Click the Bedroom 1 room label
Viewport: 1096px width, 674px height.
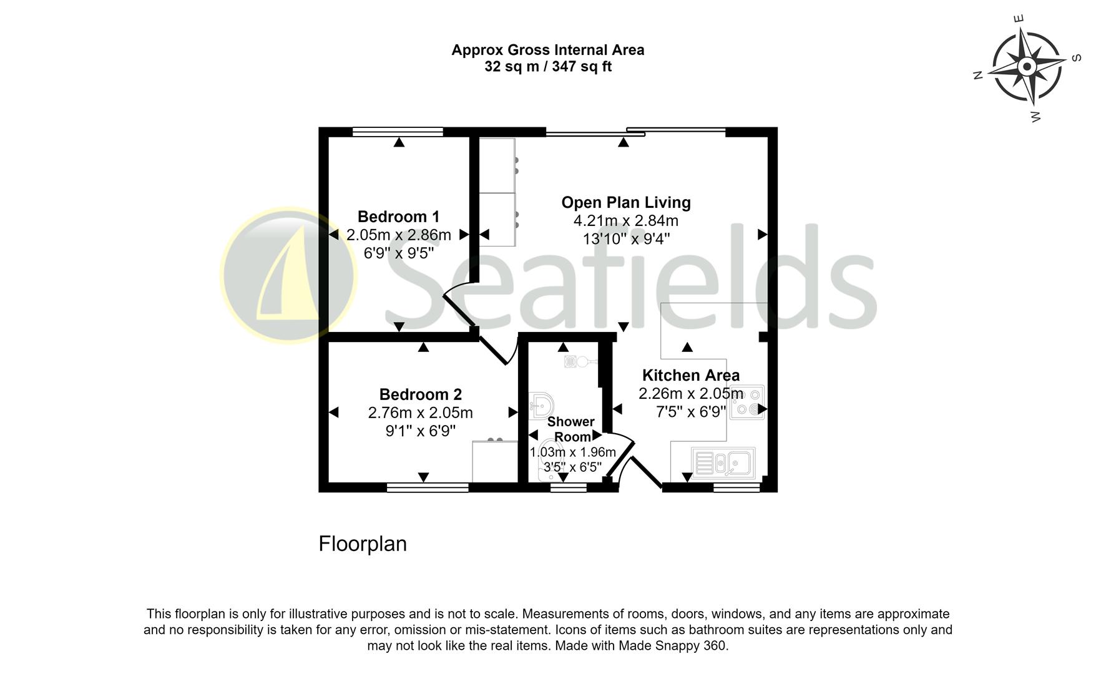pos(398,217)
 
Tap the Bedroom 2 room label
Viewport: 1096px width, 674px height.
pos(420,394)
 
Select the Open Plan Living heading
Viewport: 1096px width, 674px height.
pos(625,202)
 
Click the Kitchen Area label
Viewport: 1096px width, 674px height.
pos(690,375)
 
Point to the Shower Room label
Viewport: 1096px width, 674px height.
pos(570,429)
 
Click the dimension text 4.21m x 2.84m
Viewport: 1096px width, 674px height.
pos(625,220)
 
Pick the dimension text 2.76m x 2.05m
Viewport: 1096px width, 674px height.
pos(420,413)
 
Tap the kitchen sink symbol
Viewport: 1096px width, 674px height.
pos(724,462)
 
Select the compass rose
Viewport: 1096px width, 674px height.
pos(1027,66)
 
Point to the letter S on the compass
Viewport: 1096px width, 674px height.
pos(1076,58)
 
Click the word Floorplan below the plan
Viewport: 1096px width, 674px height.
pos(363,544)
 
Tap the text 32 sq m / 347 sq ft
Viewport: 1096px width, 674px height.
pos(547,67)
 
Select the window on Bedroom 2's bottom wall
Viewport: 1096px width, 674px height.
pos(427,487)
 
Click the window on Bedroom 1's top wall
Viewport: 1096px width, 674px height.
pos(398,132)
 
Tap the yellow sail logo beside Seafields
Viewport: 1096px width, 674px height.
pos(288,275)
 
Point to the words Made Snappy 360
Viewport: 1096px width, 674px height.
pos(673,646)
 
